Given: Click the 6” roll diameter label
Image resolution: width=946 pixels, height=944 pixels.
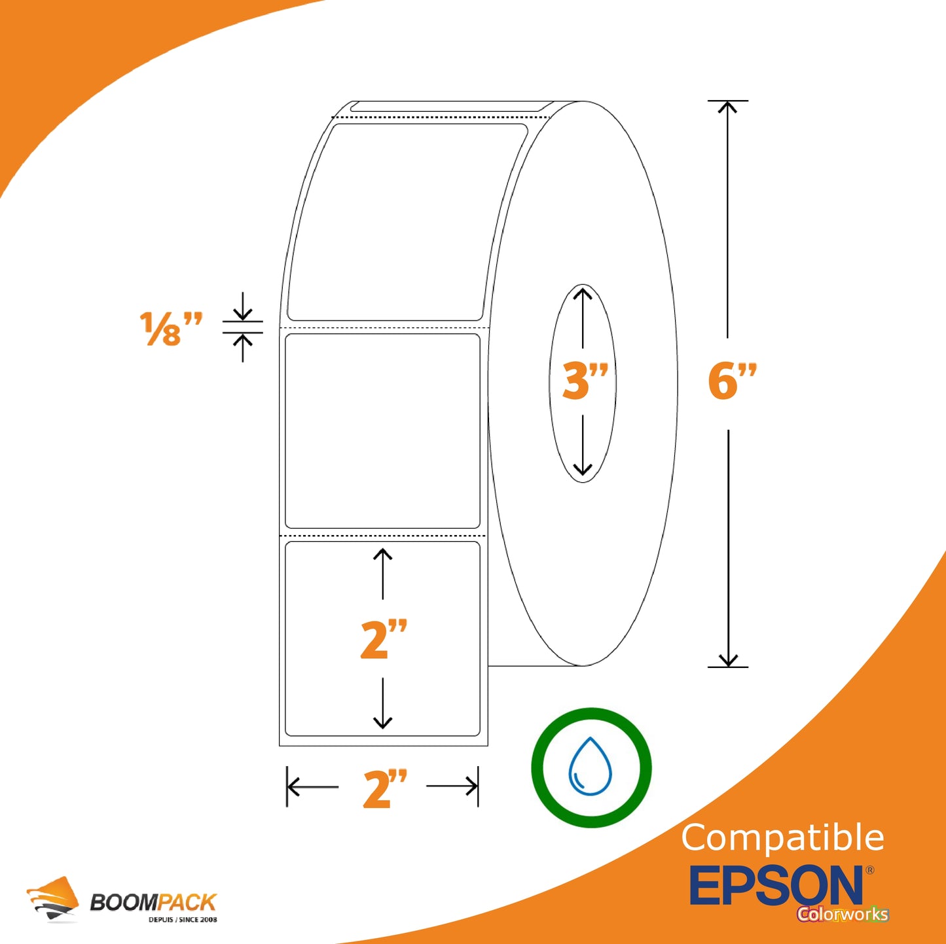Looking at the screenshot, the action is coord(732,381).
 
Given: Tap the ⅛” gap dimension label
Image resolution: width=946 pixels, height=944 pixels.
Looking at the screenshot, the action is coord(170,328).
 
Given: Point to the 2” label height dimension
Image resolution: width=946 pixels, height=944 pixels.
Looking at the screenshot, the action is coord(384,638).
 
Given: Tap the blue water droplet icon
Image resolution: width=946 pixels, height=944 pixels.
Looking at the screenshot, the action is coord(590,767).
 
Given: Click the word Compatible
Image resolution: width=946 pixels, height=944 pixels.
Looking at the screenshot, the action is coord(782,837).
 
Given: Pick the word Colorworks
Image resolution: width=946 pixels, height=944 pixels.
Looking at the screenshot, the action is coord(843,913).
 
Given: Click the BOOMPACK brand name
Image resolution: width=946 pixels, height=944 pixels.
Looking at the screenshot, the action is coord(153,901).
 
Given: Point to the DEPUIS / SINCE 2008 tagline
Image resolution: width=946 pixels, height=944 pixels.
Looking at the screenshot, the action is coord(183,920).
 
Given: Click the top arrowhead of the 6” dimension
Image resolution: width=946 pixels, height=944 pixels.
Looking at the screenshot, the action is coord(727,107).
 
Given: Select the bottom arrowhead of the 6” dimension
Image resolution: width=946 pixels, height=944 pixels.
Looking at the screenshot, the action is coord(728,660).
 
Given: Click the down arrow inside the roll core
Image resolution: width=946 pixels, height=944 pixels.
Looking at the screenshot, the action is coord(583,446).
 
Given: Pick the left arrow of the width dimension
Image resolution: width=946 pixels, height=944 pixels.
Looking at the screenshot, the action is coord(313,786).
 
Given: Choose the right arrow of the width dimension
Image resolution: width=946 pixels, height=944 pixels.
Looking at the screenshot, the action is coord(452,786).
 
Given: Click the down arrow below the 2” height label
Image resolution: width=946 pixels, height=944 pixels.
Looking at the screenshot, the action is coord(382,704).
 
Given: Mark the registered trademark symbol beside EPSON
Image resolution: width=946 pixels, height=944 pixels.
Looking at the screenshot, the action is coord(869,870).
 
